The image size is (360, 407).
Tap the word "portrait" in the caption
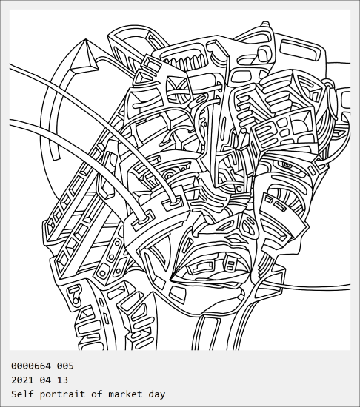pyautogui.click(x=62, y=394)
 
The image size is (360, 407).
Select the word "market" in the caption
pyautogui.click(x=125, y=394)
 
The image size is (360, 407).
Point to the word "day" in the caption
pyautogui.click(x=157, y=394)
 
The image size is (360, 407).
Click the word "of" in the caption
pyautogui.click(x=96, y=394)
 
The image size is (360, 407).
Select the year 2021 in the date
pyautogui.click(x=23, y=380)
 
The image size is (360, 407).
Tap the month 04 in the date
pyautogui.click(x=45, y=380)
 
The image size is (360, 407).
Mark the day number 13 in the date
pyautogui.click(x=62, y=380)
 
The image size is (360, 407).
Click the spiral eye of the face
pyautogui.click(x=287, y=164)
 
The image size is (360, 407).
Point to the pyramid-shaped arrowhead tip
pyautogui.click(x=86, y=39)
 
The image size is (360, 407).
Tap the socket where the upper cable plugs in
pyautogui.click(x=173, y=202)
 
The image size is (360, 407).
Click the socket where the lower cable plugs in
pyautogui.click(x=143, y=220)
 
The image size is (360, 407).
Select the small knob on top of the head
pyautogui.click(x=265, y=24)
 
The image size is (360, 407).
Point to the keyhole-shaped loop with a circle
pyautogui.click(x=75, y=294)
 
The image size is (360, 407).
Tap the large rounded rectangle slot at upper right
pyautogui.click(x=300, y=50)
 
